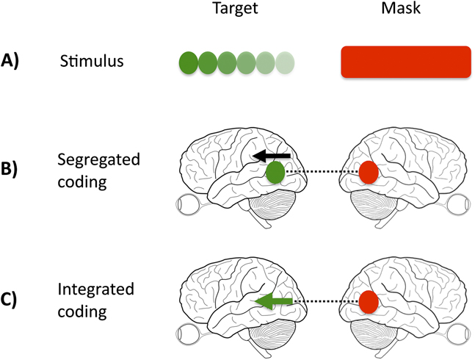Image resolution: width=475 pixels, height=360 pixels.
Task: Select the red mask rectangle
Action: (405, 61)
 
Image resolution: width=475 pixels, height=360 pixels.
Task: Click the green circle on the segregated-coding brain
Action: (275, 173)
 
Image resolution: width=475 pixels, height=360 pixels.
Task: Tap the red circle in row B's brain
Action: (369, 173)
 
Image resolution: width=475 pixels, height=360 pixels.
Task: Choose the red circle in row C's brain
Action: (369, 301)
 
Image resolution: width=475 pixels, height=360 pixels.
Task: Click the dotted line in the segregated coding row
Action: (322, 173)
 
